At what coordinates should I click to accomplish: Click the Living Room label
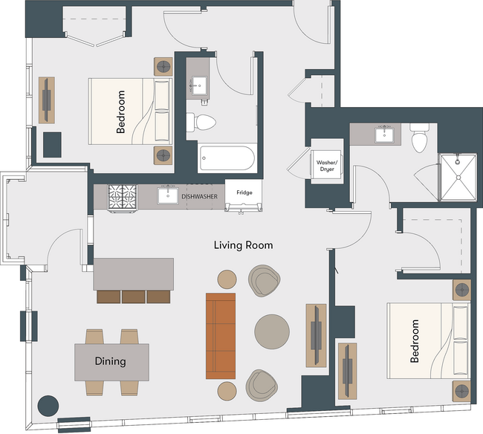tap(243, 245)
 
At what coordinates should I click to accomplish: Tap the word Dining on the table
tap(110, 361)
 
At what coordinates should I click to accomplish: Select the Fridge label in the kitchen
tap(244, 192)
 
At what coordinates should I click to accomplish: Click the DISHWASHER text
tap(200, 196)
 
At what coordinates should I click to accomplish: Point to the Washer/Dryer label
tap(327, 166)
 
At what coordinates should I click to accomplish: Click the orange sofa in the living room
tap(221, 336)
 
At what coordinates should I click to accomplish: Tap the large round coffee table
tap(272, 331)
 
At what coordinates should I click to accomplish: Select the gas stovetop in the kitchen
tap(123, 197)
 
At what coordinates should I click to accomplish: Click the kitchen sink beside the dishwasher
tap(168, 195)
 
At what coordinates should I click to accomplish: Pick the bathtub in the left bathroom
tap(227, 158)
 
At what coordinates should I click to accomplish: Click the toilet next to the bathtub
tap(201, 123)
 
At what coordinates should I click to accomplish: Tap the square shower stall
tap(458, 177)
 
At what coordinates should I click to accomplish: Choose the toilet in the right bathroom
tap(420, 138)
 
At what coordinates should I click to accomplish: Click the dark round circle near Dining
tap(48, 406)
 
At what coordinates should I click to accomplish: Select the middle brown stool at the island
tap(133, 297)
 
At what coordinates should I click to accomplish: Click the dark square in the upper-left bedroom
tap(52, 145)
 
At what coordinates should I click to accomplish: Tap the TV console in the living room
tap(316, 335)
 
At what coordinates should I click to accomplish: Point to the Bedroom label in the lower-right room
tap(415, 341)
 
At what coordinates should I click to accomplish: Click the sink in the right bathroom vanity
tap(384, 135)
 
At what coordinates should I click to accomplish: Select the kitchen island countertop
tap(133, 273)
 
